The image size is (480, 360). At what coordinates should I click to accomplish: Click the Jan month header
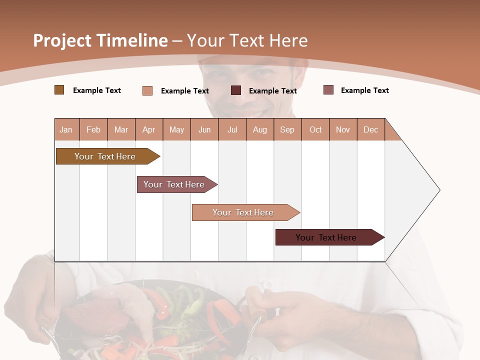(x=66, y=129)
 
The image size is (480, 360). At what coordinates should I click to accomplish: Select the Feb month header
(x=93, y=129)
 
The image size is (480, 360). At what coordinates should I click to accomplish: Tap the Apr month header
(x=148, y=129)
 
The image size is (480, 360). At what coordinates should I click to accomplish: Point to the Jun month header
(x=204, y=129)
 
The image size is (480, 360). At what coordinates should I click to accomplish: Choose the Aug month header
(x=259, y=129)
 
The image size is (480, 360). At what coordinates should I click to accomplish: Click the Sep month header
(x=287, y=129)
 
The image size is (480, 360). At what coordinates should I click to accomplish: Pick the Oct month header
(x=315, y=129)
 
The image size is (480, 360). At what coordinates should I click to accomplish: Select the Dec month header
(x=370, y=129)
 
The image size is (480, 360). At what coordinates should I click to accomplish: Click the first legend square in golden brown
(x=59, y=90)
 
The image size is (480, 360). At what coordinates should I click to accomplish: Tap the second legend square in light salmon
(x=147, y=90)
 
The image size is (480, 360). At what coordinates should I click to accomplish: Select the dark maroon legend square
(x=236, y=90)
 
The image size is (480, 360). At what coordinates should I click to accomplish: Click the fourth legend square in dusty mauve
(x=328, y=90)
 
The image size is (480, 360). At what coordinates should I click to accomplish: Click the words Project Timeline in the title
(x=100, y=40)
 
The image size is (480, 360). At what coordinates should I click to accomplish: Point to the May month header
(x=176, y=129)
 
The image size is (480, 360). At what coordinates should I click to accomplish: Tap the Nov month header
(x=343, y=129)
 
